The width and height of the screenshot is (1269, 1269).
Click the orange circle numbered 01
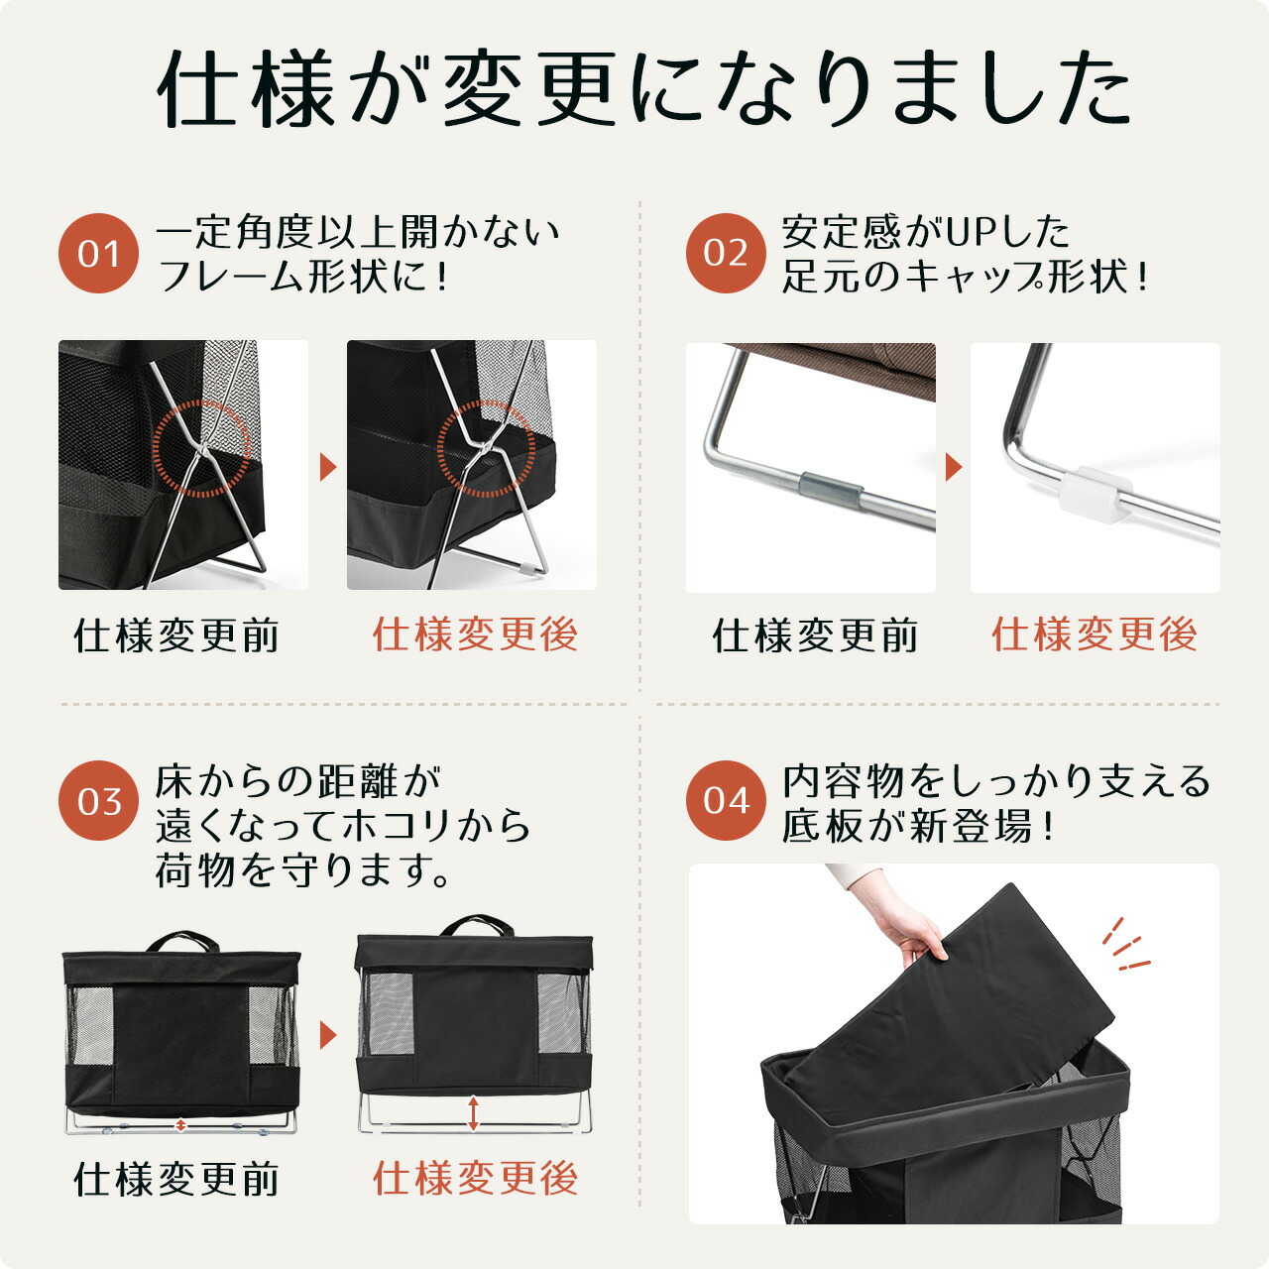point(98,254)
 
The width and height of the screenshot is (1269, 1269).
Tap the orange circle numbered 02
point(726,254)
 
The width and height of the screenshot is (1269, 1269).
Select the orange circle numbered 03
point(98,801)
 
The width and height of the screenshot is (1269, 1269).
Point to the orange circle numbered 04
point(726,801)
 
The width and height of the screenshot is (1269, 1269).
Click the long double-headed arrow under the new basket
point(474,1113)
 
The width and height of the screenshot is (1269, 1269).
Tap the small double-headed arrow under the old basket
point(180,1125)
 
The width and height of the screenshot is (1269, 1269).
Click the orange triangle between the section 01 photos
point(328,466)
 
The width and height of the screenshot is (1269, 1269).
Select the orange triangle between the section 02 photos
point(954,467)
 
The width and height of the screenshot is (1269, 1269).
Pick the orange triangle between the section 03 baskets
point(328,1036)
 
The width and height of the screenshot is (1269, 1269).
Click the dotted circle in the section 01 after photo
point(486,449)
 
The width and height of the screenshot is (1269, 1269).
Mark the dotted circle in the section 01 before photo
point(201,449)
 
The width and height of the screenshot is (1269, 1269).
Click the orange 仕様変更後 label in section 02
point(1095,634)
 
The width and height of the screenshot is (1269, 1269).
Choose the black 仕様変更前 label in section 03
point(176,1180)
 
